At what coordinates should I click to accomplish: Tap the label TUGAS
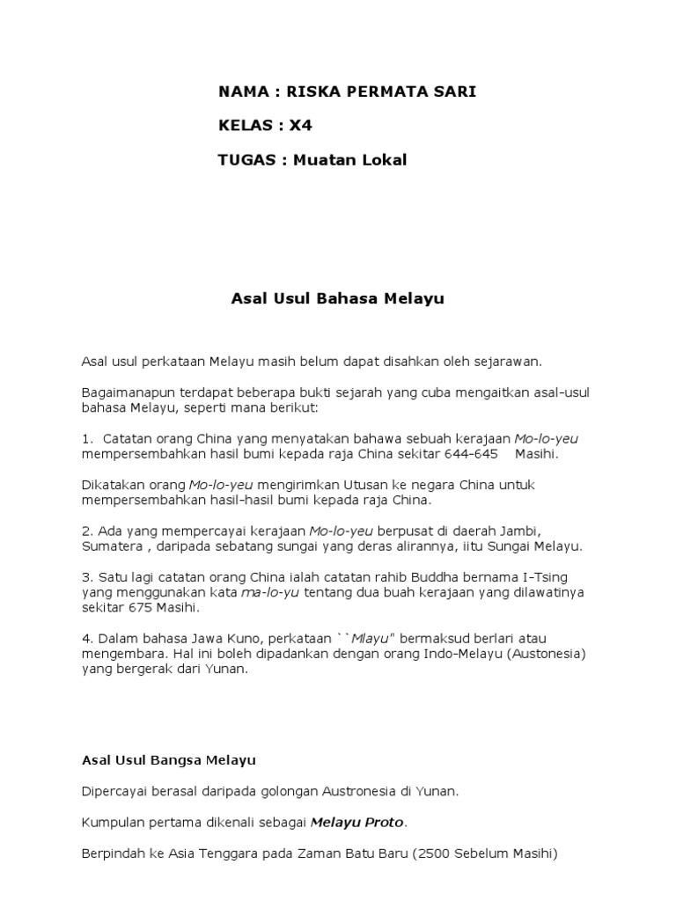click(246, 159)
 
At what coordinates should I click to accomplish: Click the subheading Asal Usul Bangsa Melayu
click(168, 759)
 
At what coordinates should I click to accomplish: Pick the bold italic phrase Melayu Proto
click(356, 822)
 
